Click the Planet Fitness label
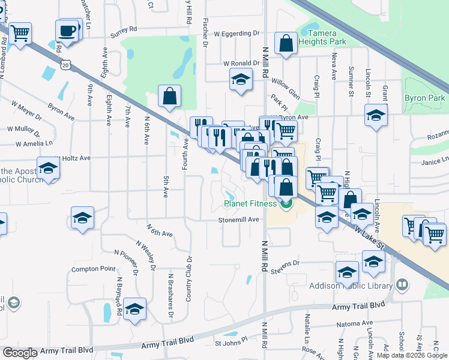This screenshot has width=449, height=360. (x=250, y=203)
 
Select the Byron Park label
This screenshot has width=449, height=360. (x=425, y=98)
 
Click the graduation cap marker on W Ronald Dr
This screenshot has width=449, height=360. (x=241, y=79)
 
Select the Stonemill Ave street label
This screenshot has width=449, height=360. (x=238, y=220)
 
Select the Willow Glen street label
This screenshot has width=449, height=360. (x=285, y=88)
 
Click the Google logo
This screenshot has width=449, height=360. (x=20, y=353)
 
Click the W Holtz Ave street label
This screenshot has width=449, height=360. (x=74, y=158)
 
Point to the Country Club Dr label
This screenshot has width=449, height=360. (x=188, y=280)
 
